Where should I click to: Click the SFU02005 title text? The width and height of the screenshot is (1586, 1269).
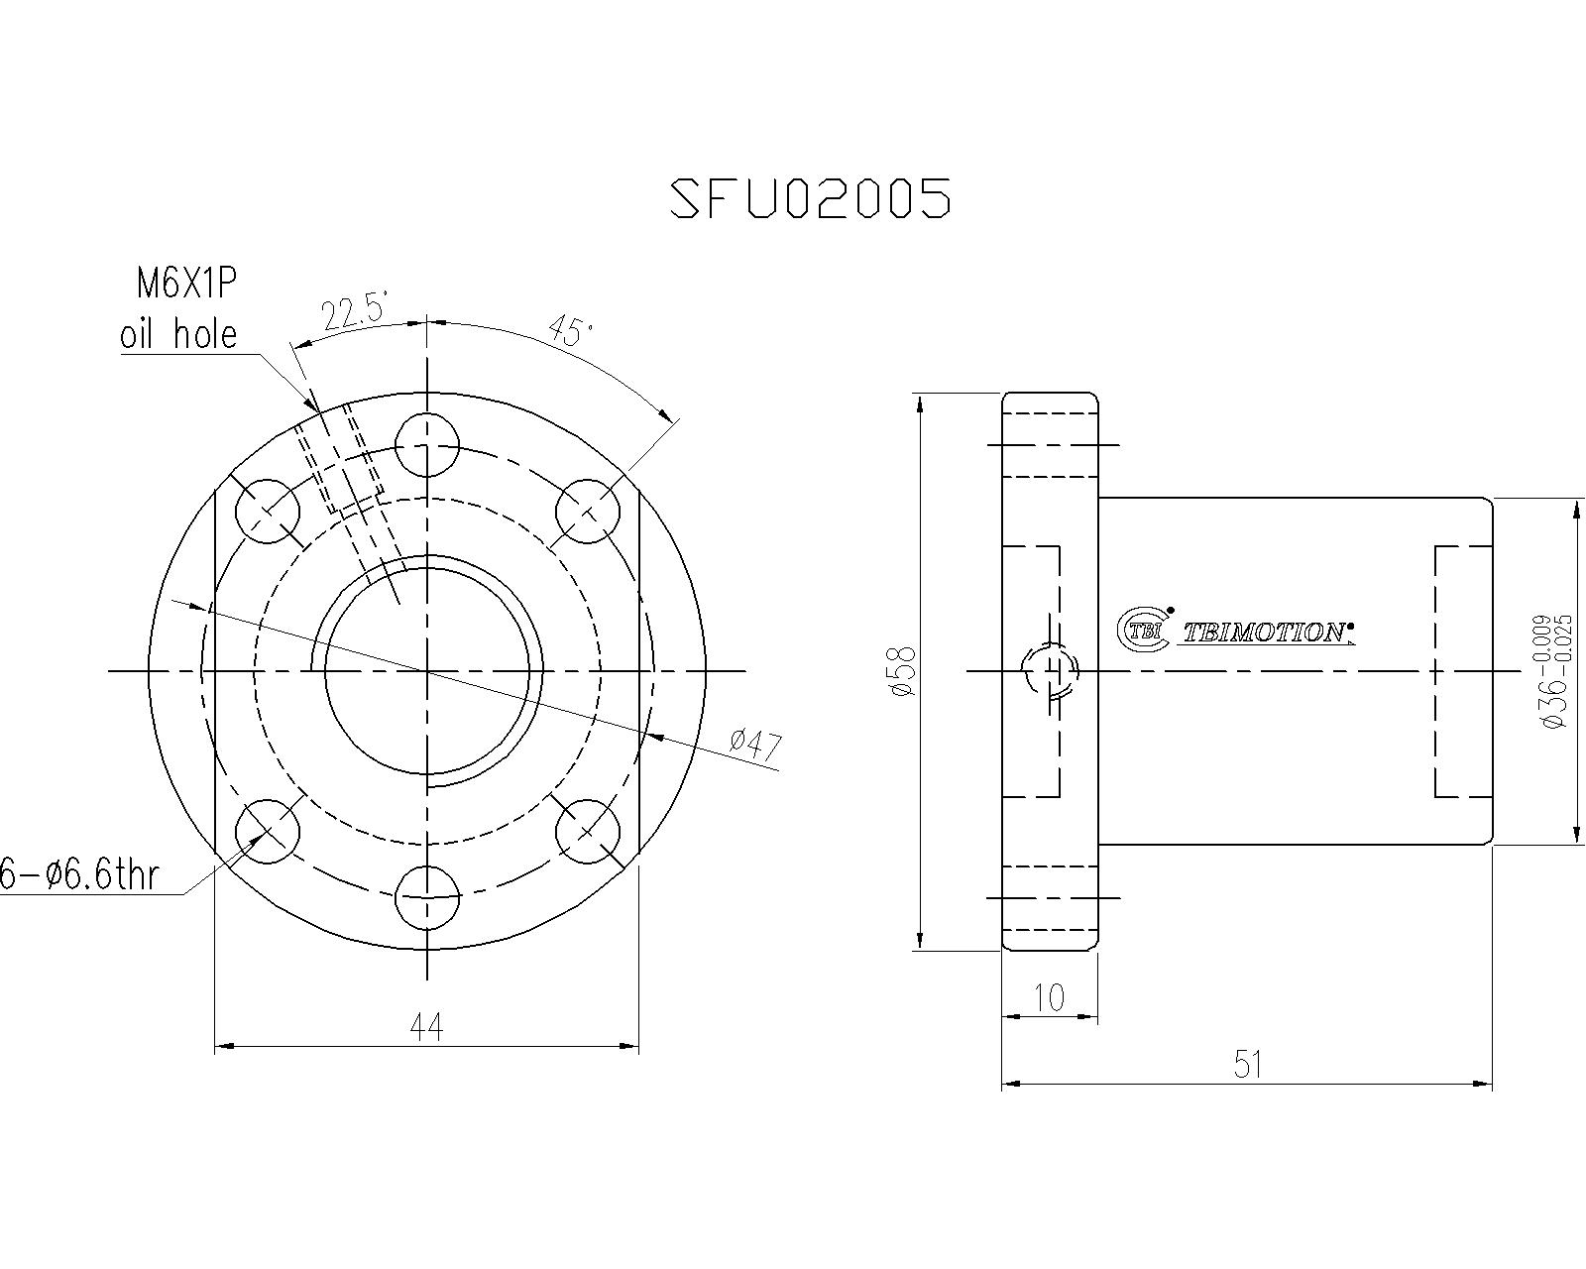[810, 197]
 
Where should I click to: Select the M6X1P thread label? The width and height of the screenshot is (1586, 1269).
[186, 284]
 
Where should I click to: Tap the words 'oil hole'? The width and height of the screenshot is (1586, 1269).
[178, 334]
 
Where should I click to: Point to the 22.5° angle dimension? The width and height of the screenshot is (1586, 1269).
[355, 312]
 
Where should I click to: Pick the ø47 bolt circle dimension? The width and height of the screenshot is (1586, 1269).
[754, 745]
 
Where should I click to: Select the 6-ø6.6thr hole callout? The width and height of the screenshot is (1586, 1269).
[78, 875]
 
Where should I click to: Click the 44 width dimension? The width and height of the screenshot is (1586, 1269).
[426, 1027]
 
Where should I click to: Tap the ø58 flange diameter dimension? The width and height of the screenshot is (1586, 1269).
[902, 671]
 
